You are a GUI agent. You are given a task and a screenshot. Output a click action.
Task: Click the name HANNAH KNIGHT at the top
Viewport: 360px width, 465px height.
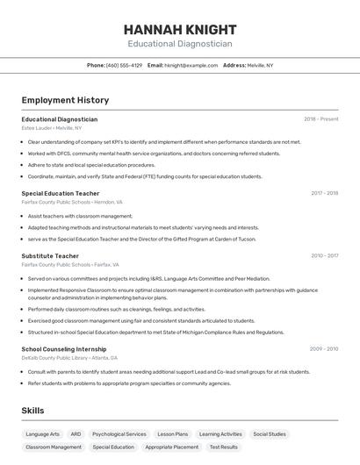pos(179,29)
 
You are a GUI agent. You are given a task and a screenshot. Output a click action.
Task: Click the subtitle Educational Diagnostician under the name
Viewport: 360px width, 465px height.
pos(179,43)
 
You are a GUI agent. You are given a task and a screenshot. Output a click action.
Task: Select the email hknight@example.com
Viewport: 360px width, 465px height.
pos(191,65)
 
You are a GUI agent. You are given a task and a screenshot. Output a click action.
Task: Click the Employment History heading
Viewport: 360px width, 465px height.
pos(65,100)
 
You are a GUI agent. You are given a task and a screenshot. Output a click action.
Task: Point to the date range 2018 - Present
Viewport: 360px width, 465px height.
pos(321,118)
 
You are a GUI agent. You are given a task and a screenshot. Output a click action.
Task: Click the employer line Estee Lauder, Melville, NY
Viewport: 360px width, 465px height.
pos(52,127)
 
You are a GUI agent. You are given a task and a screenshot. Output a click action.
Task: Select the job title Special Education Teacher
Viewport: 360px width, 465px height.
pos(61,193)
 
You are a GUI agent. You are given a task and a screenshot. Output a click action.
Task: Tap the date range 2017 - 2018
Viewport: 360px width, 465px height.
pos(324,193)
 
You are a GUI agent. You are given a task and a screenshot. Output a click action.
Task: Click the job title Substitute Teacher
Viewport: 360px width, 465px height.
pos(50,255)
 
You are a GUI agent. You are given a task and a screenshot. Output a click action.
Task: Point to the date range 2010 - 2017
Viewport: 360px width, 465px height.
pos(324,255)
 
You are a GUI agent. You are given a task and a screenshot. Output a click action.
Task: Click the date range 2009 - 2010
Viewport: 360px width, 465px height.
pos(324,348)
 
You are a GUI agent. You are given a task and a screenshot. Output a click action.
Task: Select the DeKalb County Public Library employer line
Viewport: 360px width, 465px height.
pos(69,357)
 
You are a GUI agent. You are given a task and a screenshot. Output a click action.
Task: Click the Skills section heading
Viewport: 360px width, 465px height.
pos(33,411)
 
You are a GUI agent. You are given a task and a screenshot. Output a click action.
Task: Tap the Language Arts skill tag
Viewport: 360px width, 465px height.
pos(43,433)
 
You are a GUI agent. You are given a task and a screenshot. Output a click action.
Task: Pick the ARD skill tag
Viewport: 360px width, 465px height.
pos(76,433)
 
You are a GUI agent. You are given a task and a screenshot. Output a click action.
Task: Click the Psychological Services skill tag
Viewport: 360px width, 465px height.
pos(119,433)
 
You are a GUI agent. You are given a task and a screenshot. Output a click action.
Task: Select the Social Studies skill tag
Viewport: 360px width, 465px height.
pos(270,433)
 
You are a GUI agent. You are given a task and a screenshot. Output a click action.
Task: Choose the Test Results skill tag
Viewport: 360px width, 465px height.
pos(223,447)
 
